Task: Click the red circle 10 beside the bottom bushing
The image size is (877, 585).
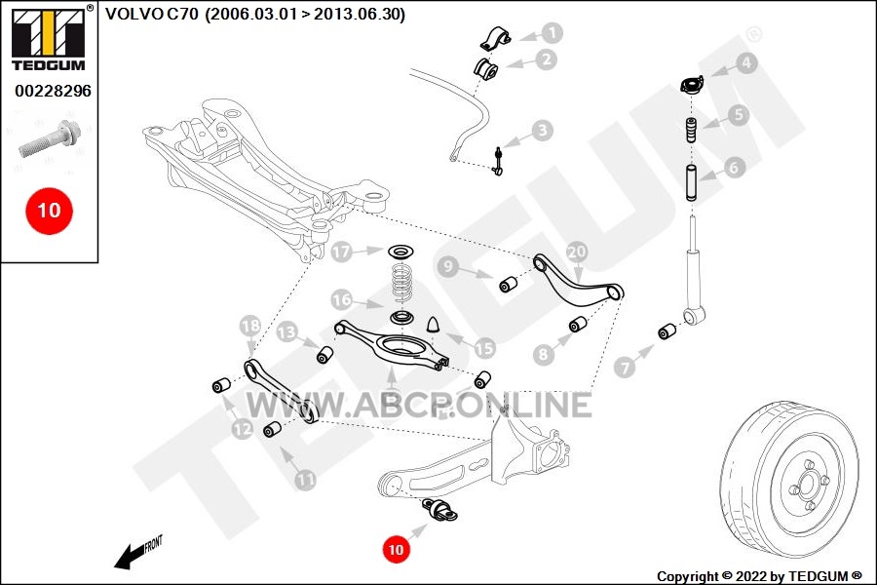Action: (x=396, y=549)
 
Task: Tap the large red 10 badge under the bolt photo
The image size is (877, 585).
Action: (x=49, y=211)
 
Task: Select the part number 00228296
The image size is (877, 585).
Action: (x=53, y=91)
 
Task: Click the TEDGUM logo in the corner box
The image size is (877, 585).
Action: (x=50, y=38)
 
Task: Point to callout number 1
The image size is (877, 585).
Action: (x=553, y=32)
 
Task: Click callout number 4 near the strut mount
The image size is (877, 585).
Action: (x=746, y=63)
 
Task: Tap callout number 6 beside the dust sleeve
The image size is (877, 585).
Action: (x=733, y=167)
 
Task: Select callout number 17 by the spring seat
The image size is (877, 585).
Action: (x=341, y=252)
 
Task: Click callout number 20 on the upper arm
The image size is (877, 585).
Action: (x=577, y=252)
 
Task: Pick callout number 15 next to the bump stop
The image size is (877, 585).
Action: (x=484, y=348)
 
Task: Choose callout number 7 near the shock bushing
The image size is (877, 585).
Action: (x=625, y=368)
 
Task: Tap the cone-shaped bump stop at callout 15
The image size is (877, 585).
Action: (x=435, y=324)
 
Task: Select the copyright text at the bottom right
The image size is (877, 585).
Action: (x=759, y=576)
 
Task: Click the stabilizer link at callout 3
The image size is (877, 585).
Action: (x=498, y=161)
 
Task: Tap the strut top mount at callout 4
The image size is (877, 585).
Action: (x=692, y=85)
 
